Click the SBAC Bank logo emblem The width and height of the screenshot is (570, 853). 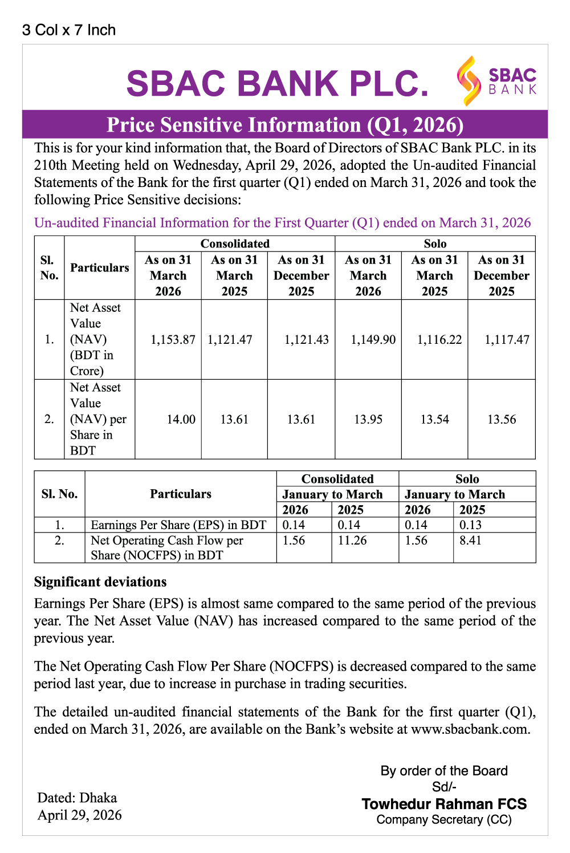pyautogui.click(x=469, y=80)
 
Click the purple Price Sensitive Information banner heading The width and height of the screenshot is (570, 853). pyautogui.click(x=285, y=125)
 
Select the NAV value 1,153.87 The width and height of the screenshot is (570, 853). pyautogui.click(x=173, y=340)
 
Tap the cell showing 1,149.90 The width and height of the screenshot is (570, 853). pyautogui.click(x=373, y=340)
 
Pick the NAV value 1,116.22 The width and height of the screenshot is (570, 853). pyautogui.click(x=439, y=340)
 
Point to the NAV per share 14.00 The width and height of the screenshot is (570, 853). pyautogui.click(x=181, y=420)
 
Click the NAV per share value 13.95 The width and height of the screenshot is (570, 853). pyautogui.click(x=368, y=420)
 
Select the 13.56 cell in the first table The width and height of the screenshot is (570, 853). pyautogui.click(x=502, y=420)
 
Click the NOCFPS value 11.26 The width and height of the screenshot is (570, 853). pyautogui.click(x=352, y=541)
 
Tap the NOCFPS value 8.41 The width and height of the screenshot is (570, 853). pyautogui.click(x=470, y=541)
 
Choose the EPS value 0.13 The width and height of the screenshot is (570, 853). pyautogui.click(x=470, y=525)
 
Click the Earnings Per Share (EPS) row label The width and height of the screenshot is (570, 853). pyautogui.click(x=178, y=525)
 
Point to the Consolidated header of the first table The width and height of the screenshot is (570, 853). pyautogui.click(x=235, y=244)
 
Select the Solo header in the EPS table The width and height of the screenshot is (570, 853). pyautogui.click(x=467, y=479)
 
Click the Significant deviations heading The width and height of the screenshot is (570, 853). pyautogui.click(x=100, y=582)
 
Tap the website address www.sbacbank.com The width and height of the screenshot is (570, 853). pyautogui.click(x=470, y=729)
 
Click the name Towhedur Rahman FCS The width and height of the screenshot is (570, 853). pyautogui.click(x=444, y=805)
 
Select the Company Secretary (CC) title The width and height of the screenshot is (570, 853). pyautogui.click(x=444, y=820)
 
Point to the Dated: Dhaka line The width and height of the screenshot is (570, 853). pyautogui.click(x=77, y=798)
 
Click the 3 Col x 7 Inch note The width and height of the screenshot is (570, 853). pyautogui.click(x=69, y=30)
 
